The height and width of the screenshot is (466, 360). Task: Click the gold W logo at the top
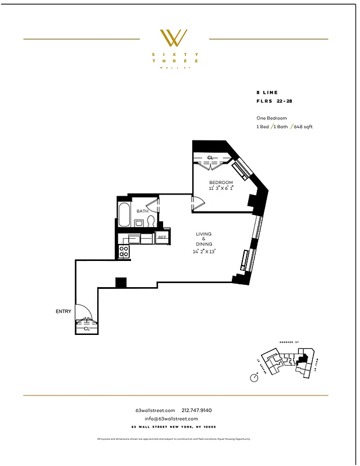pyautogui.click(x=174, y=38)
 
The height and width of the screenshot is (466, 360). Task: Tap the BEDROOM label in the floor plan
pyautogui.click(x=221, y=183)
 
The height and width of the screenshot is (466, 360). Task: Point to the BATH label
pyautogui.click(x=142, y=211)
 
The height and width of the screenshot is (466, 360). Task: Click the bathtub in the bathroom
pyautogui.click(x=123, y=215)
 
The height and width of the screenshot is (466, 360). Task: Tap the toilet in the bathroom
pyautogui.click(x=151, y=221)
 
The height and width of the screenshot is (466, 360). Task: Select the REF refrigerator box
pyautogui.click(x=162, y=237)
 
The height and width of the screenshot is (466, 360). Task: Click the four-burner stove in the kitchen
pyautogui.click(x=124, y=251)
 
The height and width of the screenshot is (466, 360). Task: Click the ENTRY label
pyautogui.click(x=63, y=312)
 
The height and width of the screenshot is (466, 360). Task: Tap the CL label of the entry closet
pyautogui.click(x=86, y=328)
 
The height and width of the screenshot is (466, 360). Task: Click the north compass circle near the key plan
pyautogui.click(x=254, y=377)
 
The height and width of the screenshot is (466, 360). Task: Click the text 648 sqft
pyautogui.click(x=303, y=127)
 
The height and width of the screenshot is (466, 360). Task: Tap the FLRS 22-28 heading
pyautogui.click(x=276, y=101)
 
